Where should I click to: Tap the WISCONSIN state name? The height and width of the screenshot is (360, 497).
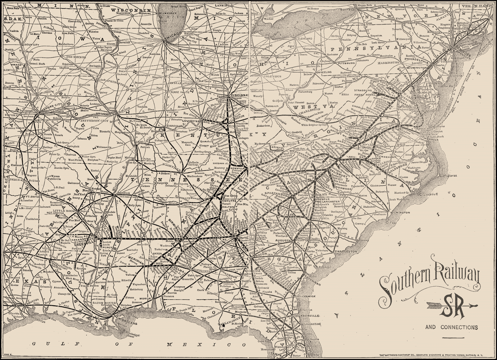pyautogui.click(x=132, y=10)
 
